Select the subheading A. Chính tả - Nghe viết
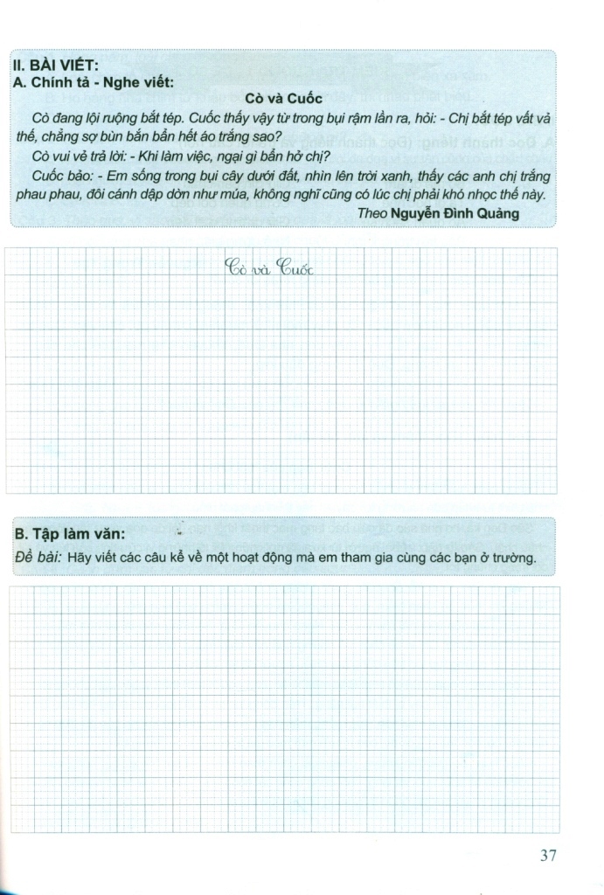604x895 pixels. point(94,83)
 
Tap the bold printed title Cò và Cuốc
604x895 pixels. point(283,100)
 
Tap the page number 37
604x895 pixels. point(548,855)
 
